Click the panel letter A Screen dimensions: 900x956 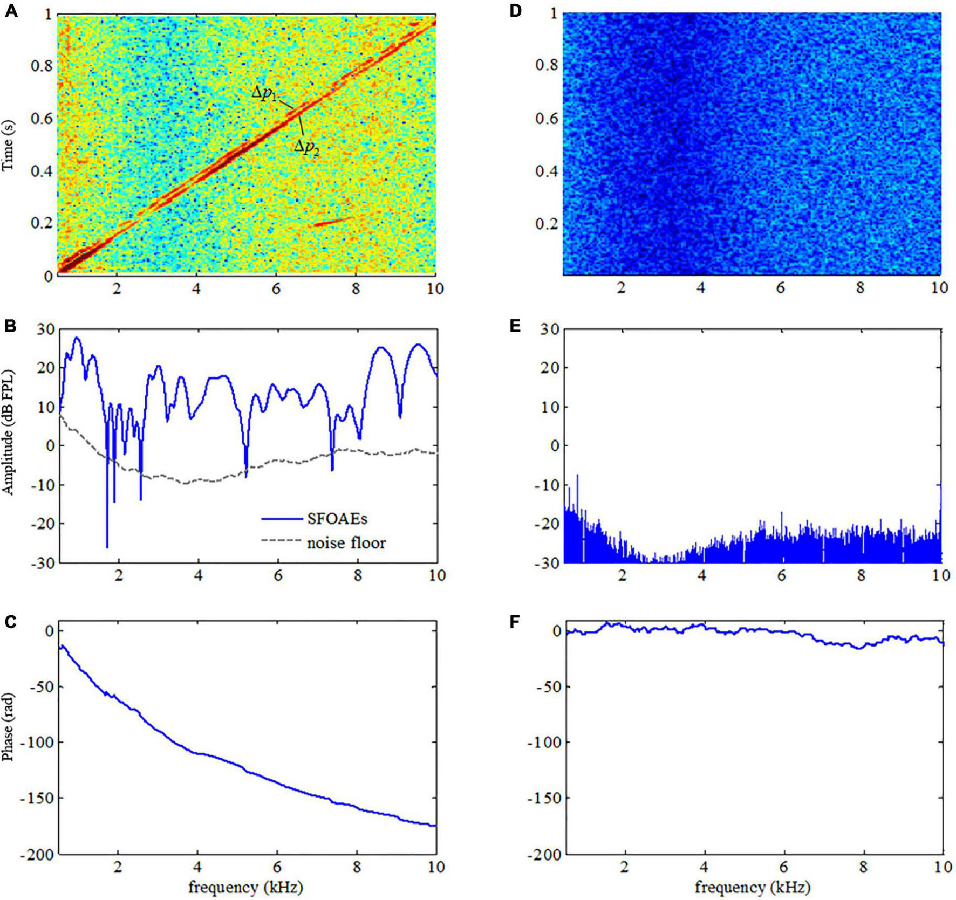(x=11, y=11)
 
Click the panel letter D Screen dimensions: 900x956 (x=515, y=11)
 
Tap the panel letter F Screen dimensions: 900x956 (x=515, y=622)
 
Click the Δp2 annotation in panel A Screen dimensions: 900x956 (x=306, y=148)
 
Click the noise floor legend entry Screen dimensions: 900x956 (x=346, y=542)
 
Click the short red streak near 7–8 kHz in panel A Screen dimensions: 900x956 (x=333, y=221)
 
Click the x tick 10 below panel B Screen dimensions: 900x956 (x=436, y=576)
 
